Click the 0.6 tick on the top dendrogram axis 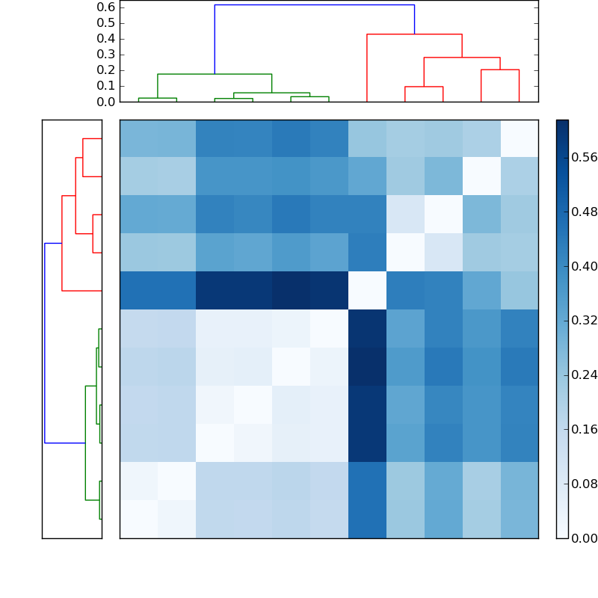(106, 7)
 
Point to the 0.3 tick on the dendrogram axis (106, 55)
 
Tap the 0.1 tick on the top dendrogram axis (106, 86)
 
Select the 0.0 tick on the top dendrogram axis (106, 102)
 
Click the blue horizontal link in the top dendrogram (314, 5)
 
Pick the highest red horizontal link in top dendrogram (414, 34)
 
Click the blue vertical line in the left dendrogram (45, 343)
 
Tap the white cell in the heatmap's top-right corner (519, 138)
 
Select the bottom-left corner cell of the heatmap (138, 519)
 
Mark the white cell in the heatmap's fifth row (367, 291)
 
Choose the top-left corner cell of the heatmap (138, 138)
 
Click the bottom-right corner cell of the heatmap (519, 519)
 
